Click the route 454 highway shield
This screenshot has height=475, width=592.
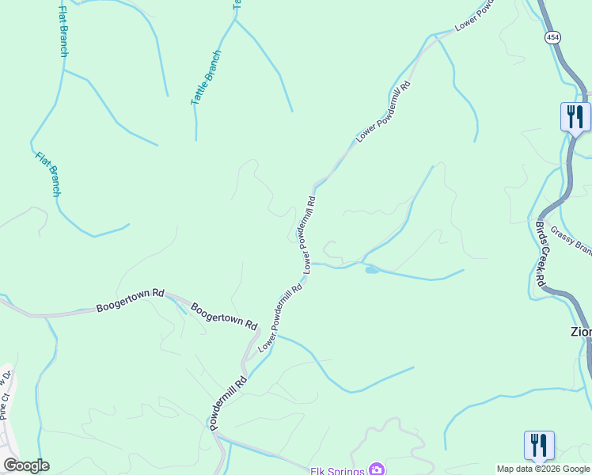pos(552,37)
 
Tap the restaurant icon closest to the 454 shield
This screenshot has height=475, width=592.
pos(575,117)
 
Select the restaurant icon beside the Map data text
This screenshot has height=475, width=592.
pos(538,444)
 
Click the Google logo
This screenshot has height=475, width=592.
pos(26,465)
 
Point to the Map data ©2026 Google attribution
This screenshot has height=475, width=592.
pos(543,469)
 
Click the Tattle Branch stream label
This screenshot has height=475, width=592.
pos(206,78)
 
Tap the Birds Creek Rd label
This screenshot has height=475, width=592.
pos(541,253)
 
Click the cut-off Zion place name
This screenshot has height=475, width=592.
pos(581,332)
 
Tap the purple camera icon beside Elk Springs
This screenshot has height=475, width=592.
pos(377,470)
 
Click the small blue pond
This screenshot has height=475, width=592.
pos(371,271)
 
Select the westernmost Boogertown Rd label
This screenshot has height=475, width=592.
pos(130,300)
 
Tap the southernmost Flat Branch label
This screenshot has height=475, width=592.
pos(48,174)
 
